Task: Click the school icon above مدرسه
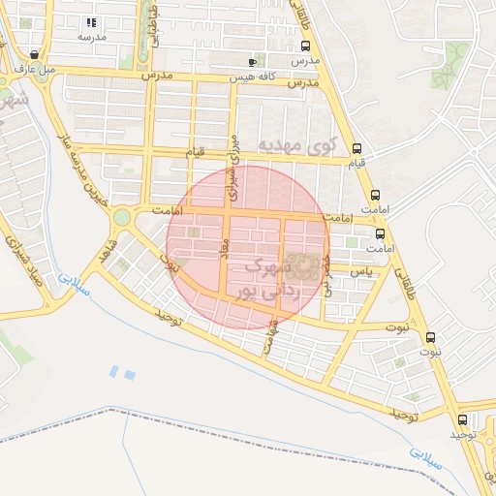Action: coord(91,21)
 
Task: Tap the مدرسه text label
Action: coord(91,36)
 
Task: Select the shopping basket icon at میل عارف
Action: coord(36,55)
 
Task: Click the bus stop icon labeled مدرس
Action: coord(306,46)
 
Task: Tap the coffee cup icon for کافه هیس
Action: coord(253,61)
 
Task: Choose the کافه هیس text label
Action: coord(253,75)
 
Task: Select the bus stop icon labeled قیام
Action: coord(358,149)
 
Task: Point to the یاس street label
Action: coord(361,271)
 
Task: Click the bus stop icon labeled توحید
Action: coord(461,419)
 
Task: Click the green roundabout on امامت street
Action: coord(122,217)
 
